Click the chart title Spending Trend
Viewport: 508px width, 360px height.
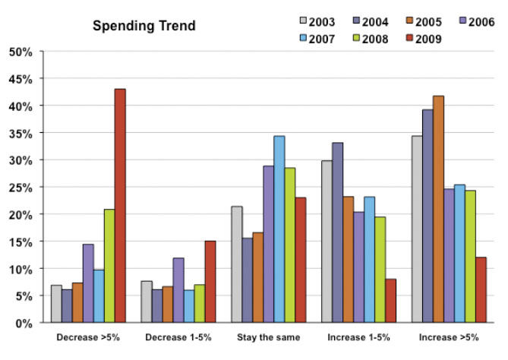click(x=144, y=27)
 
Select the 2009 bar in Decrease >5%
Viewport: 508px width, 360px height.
click(x=120, y=206)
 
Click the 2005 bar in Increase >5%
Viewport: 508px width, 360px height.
click(x=438, y=210)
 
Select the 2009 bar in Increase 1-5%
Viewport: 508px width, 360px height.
click(x=390, y=301)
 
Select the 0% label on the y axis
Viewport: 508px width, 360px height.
click(x=24, y=324)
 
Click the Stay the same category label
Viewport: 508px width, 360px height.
click(x=268, y=336)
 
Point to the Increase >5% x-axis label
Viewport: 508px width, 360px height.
click(x=449, y=336)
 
